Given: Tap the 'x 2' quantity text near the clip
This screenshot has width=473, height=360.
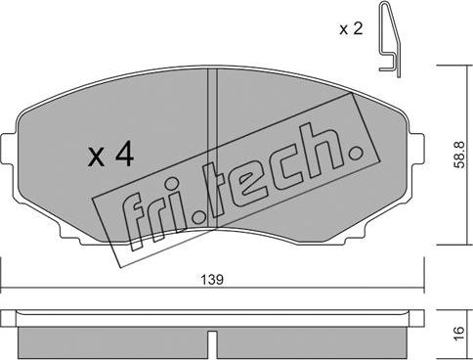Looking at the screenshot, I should point(350,29).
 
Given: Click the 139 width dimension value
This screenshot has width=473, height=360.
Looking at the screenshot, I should point(212,280).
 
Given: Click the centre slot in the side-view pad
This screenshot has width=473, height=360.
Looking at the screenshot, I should point(212,342).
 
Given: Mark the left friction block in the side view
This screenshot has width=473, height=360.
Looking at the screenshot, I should point(112,338).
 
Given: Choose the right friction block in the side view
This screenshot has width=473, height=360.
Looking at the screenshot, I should point(313,338).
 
